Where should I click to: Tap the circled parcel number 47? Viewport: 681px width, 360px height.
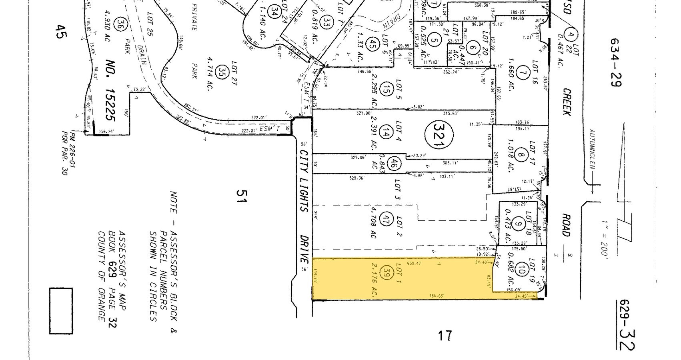pyautogui.click(x=386, y=219)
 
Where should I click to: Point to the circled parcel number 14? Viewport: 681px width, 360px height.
pyautogui.click(x=386, y=134)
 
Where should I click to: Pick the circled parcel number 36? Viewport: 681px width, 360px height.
pyautogui.click(x=119, y=24)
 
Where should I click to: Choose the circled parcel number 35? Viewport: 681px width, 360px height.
pyautogui.click(x=221, y=72)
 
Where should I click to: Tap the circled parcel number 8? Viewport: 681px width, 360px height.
pyautogui.click(x=520, y=156)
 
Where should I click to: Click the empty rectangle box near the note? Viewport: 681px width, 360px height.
pyautogui.click(x=61, y=311)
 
